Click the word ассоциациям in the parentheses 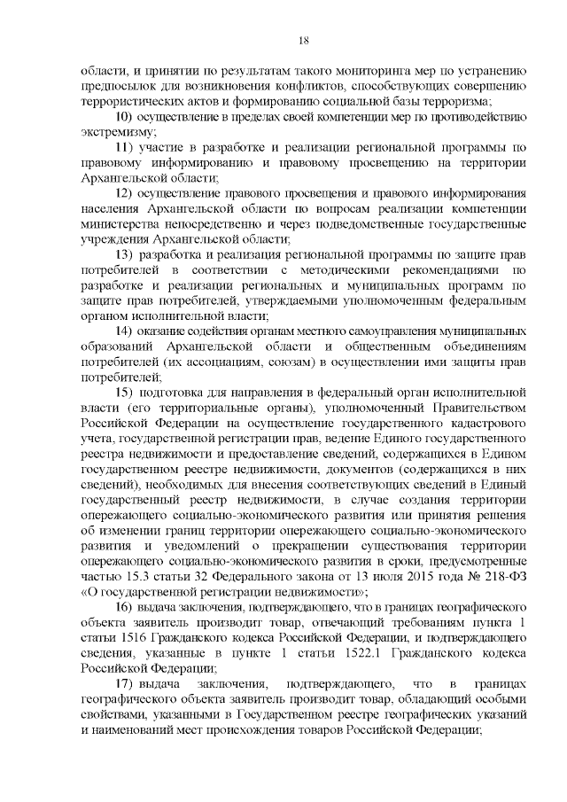click(229, 362)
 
